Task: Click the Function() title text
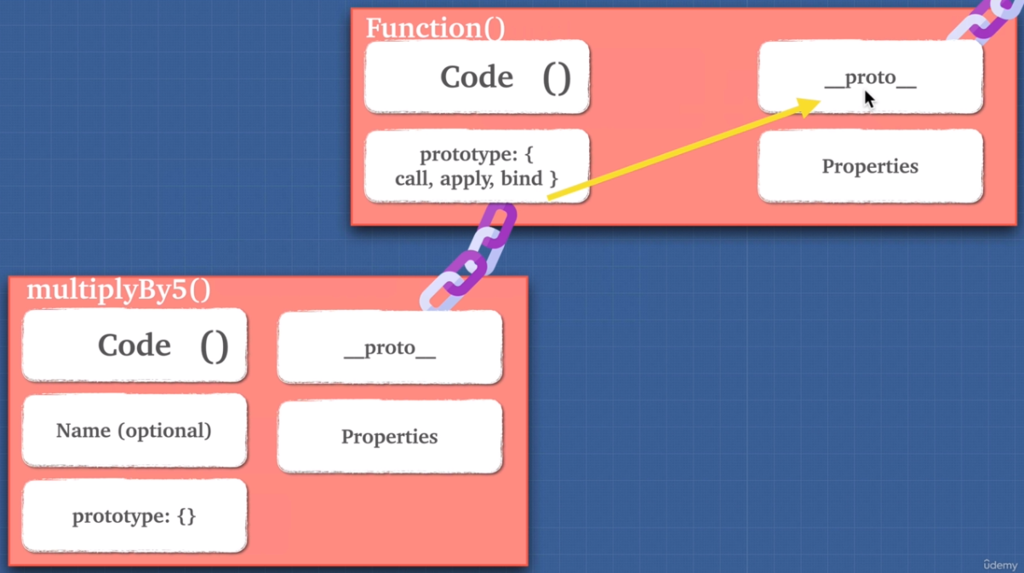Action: tap(435, 28)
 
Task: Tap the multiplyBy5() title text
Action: tap(118, 289)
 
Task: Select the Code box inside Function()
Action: tap(477, 77)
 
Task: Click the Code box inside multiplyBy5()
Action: tap(134, 345)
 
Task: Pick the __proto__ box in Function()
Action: tap(870, 77)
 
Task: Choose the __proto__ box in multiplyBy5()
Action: tap(390, 347)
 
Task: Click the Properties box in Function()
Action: tap(870, 166)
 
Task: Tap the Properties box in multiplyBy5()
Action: tap(390, 437)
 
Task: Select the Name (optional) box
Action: tap(134, 431)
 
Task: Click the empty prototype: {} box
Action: tap(134, 516)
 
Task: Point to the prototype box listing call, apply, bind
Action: tap(477, 167)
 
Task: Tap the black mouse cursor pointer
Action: tap(869, 99)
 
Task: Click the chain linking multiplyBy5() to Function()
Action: tap(468, 255)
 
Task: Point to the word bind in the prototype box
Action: tap(523, 179)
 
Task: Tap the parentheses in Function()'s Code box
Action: tap(557, 77)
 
